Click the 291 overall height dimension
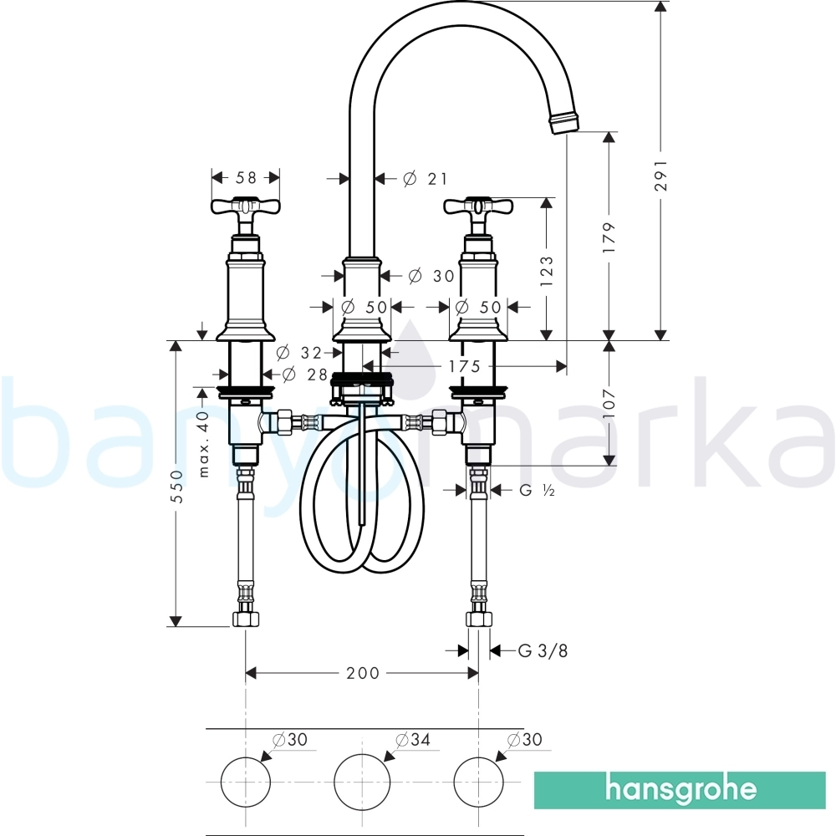(x=660, y=175)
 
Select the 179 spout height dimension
(x=609, y=237)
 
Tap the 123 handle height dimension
(x=547, y=271)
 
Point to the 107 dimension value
(x=609, y=403)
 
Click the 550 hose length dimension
(x=176, y=486)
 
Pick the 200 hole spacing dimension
(x=363, y=673)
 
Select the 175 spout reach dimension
(x=464, y=366)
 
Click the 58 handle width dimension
(x=246, y=177)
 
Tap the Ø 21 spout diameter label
(x=426, y=179)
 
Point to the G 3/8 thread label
(x=543, y=650)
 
